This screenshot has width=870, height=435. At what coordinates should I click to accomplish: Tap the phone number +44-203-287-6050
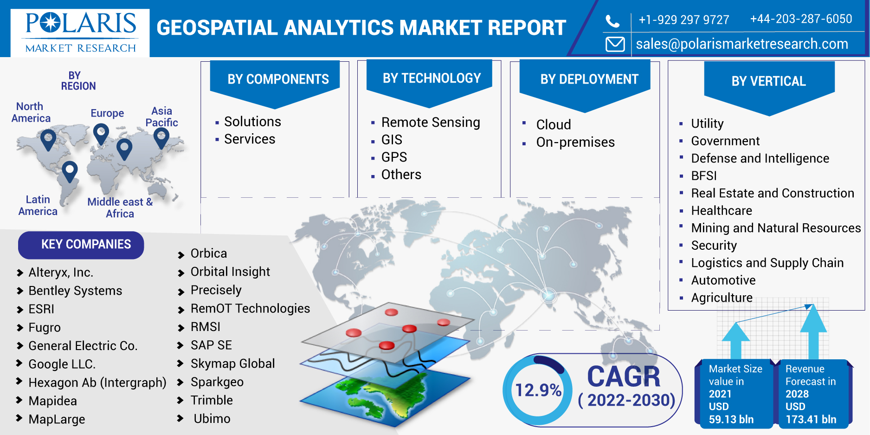coord(801,19)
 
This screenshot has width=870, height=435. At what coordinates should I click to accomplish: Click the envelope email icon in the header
coord(615,44)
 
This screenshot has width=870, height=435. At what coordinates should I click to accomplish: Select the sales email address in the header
coord(741,44)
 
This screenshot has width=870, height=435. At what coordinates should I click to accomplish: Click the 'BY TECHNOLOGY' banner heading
coord(432,78)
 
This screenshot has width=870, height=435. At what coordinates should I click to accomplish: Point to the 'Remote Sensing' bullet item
coord(430,122)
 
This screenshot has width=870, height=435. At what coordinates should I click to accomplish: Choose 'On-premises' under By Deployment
coord(575,142)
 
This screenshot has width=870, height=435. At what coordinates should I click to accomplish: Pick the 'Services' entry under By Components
coord(249,139)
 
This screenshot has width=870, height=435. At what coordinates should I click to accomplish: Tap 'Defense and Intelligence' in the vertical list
coord(760,158)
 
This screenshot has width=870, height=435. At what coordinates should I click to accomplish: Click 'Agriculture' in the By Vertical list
coord(722,298)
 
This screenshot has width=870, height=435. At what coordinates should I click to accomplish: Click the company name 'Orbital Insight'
coord(230,272)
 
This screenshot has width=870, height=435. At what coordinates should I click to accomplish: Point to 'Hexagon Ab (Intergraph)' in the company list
coord(97,383)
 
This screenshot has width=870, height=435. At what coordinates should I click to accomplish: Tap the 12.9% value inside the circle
coord(538,390)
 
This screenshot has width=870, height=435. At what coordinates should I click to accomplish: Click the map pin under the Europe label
coord(101,133)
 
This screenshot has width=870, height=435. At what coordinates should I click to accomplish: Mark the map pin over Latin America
coord(70,170)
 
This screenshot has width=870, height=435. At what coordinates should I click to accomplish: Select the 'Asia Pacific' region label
coord(161,117)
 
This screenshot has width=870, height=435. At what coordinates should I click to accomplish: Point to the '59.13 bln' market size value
coord(731,419)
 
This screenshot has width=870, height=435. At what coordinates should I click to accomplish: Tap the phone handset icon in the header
coord(612,21)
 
